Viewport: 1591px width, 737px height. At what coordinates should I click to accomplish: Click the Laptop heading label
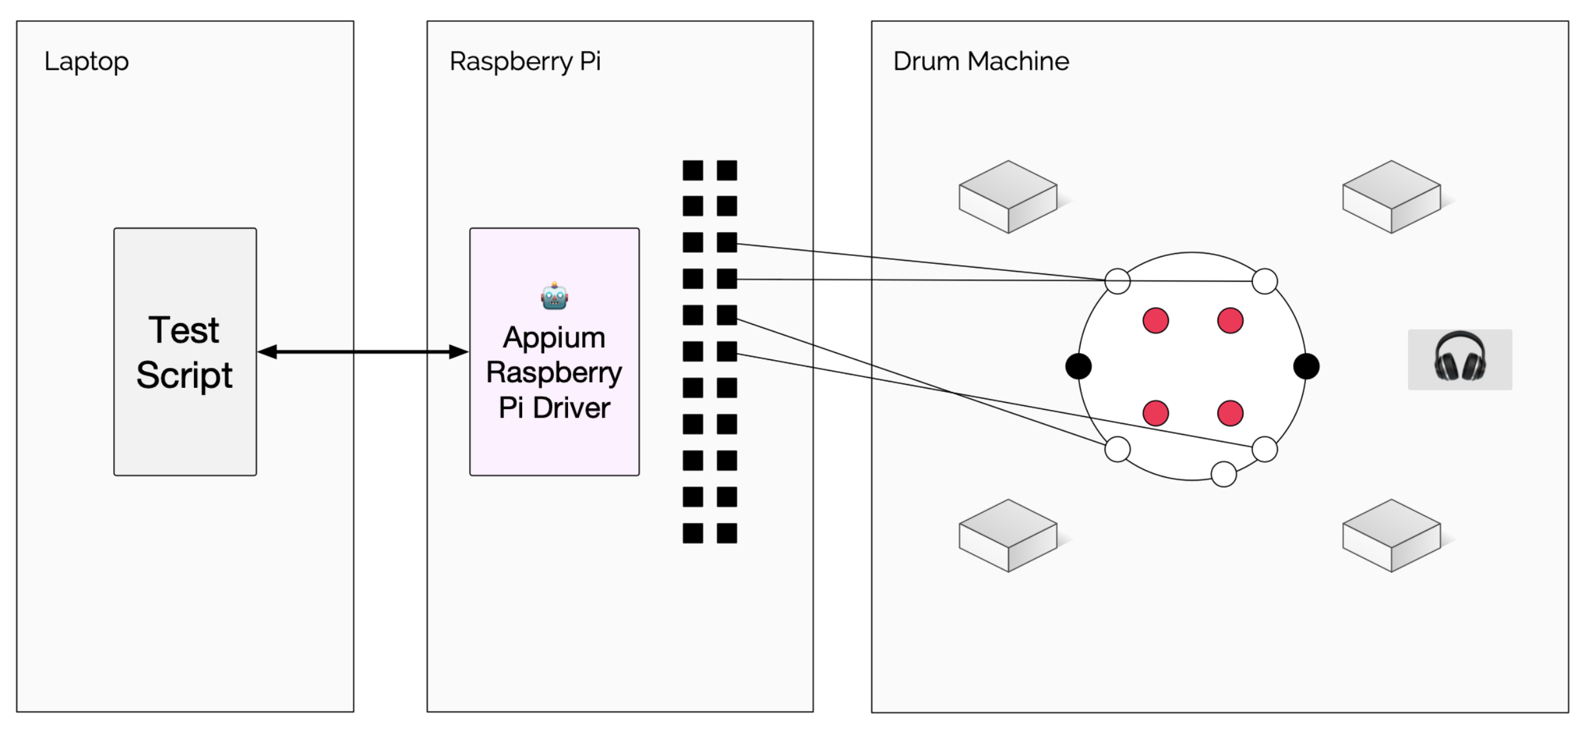[x=86, y=62]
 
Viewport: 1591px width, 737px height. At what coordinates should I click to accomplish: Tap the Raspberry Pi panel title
[x=525, y=62]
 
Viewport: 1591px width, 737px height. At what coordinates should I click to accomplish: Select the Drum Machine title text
[x=980, y=62]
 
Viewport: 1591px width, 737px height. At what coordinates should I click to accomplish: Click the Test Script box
[x=185, y=352]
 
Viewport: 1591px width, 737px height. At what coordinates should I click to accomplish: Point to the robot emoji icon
[x=554, y=297]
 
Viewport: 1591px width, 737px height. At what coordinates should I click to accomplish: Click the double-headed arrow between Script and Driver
[x=363, y=352]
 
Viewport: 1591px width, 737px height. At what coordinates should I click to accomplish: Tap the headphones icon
[x=1459, y=359]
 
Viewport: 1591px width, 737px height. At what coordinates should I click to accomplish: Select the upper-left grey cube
[x=1007, y=197]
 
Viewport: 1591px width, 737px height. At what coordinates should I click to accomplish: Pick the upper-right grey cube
[x=1391, y=197]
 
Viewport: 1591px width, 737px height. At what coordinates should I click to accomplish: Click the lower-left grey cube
[x=1007, y=535]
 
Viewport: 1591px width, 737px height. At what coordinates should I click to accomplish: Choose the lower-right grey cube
[x=1391, y=535]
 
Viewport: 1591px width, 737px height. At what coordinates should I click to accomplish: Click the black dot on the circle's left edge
[x=1078, y=366]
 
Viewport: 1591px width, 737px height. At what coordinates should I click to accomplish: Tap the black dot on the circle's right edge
[x=1306, y=366]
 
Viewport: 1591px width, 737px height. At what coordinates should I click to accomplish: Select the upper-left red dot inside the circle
[x=1155, y=321]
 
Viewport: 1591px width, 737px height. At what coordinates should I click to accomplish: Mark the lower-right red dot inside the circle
[x=1230, y=413]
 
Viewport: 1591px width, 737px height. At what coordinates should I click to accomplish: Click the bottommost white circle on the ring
[x=1223, y=474]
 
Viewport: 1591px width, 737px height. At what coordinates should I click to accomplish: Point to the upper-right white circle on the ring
[x=1264, y=281]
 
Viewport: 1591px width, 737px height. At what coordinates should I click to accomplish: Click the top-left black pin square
[x=693, y=171]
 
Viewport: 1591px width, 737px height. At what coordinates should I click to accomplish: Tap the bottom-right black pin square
[x=727, y=533]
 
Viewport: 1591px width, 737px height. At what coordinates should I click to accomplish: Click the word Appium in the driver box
[x=554, y=337]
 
